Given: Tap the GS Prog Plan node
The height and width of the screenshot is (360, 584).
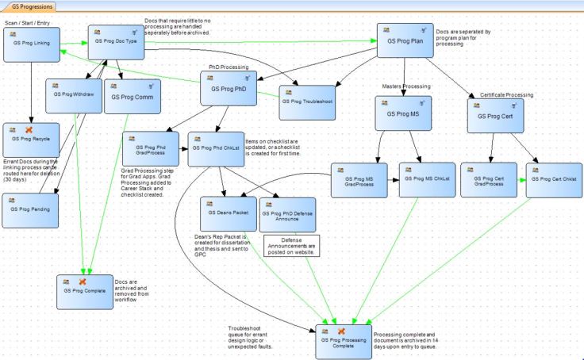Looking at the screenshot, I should click(x=404, y=40).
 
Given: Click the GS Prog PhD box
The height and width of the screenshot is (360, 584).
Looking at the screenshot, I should click(x=227, y=89).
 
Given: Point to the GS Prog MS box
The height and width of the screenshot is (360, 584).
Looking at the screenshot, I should click(x=403, y=113).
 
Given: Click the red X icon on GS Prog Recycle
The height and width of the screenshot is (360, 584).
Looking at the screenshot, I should click(x=29, y=128).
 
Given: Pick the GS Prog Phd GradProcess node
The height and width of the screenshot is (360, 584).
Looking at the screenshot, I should click(x=150, y=148).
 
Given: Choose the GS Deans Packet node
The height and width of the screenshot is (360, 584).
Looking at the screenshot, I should click(x=227, y=213).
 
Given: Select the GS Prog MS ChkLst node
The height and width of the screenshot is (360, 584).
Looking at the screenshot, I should click(x=426, y=179).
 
